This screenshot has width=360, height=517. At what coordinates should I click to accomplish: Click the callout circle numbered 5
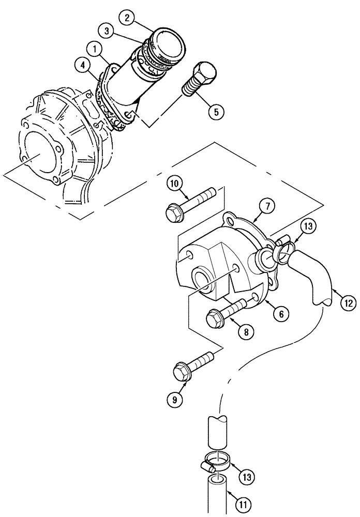(217, 111)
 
